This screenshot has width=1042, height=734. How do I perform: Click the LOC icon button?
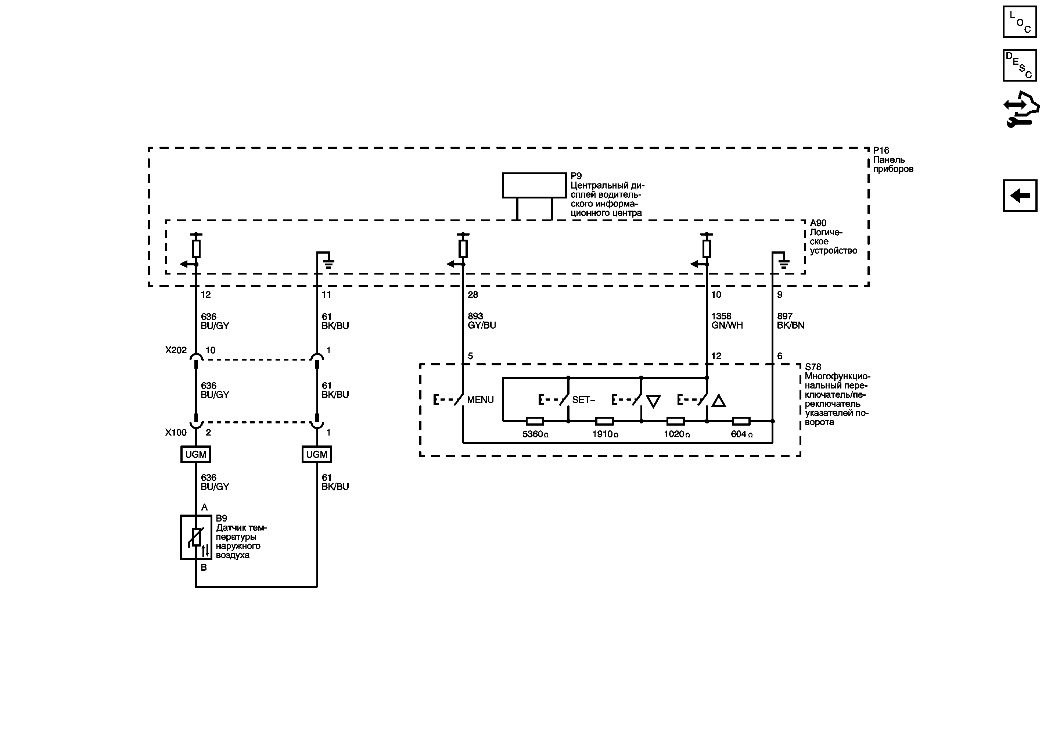(1020, 22)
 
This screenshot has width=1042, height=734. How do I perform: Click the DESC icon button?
(1020, 65)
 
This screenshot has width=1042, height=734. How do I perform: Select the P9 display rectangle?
(534, 185)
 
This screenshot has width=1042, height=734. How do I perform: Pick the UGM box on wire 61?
(317, 454)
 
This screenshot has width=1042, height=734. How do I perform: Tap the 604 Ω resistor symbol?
(741, 421)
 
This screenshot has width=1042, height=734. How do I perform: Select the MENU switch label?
(480, 400)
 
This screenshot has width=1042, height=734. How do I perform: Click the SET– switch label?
(583, 400)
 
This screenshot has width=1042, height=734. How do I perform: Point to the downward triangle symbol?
(653, 401)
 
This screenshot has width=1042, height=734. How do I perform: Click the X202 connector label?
(176, 350)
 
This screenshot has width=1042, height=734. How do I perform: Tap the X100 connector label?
(176, 433)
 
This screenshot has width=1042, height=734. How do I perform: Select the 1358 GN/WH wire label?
(727, 321)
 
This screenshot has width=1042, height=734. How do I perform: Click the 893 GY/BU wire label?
(482, 321)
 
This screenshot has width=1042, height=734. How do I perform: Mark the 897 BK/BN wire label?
(790, 321)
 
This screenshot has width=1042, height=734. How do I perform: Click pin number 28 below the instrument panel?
(473, 295)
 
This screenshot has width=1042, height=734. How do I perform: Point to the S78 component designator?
(813, 367)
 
